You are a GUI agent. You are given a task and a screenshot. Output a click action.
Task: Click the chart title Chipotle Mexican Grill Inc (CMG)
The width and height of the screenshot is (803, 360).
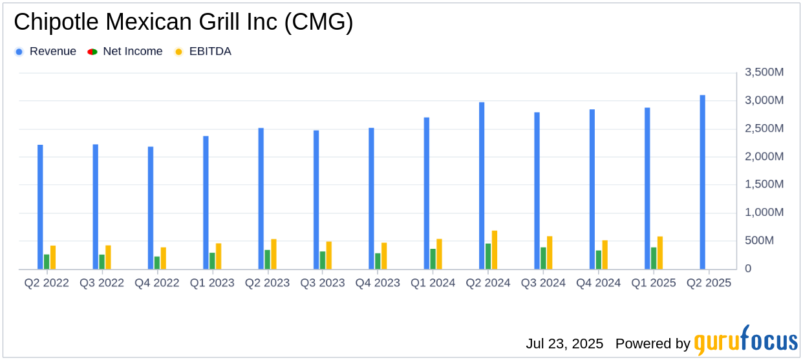pos(184,23)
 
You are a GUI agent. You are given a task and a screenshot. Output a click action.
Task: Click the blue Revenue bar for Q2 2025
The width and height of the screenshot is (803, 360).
pos(702,182)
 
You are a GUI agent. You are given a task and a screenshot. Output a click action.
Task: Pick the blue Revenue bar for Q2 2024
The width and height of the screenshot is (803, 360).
pos(482,185)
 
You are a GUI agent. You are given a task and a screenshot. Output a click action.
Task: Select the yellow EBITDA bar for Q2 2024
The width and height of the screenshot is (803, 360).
pos(495,249)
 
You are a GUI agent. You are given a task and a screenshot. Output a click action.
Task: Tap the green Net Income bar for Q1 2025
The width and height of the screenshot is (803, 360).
pos(654,258)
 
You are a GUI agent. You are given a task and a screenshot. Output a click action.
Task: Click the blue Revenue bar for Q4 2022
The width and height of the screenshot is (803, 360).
pos(151,207)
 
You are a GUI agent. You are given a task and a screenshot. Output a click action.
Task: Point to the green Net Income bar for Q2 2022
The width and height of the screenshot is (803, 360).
pos(47,262)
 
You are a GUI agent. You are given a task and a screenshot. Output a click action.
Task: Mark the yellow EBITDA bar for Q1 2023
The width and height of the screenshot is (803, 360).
pos(219,256)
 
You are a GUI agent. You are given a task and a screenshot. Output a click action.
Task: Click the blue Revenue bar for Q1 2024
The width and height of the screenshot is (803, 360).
pos(427,193)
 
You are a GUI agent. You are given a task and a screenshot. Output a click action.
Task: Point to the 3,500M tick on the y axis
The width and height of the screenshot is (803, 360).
pos(764,72)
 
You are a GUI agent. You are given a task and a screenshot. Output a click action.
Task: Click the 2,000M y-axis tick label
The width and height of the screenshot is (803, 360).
pos(764,156)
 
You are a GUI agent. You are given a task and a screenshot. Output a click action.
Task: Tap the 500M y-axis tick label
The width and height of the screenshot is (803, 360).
pos(769,240)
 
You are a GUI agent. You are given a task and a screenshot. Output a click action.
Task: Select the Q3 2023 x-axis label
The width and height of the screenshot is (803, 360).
pos(323,283)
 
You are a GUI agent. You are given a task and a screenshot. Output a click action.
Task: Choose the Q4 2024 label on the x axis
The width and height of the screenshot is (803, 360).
pos(599,283)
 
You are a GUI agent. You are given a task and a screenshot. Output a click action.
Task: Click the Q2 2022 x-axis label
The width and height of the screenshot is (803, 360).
pos(47,283)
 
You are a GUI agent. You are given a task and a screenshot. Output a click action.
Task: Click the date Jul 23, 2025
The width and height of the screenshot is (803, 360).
pos(564,343)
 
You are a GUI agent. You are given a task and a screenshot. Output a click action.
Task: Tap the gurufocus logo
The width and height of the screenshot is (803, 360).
pos(745,341)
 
